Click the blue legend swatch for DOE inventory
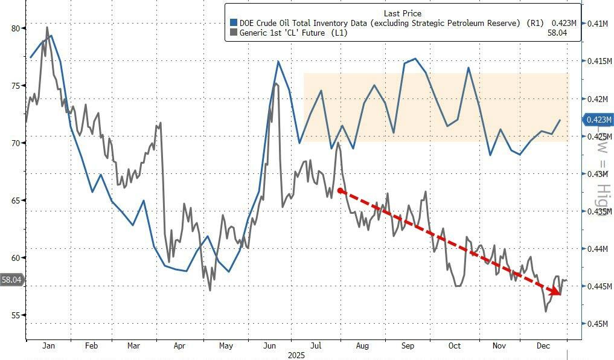pyautogui.click(x=234, y=23)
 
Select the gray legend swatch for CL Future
pyautogui.click(x=234, y=33)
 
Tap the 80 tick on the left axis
pyautogui.click(x=15, y=28)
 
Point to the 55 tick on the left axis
pyautogui.click(x=15, y=315)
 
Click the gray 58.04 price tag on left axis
pyautogui.click(x=12, y=280)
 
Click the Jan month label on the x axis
pyautogui.click(x=49, y=346)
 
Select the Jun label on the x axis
pyautogui.click(x=270, y=346)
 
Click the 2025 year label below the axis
pyautogui.click(x=297, y=355)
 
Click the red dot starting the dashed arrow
pyautogui.click(x=341, y=191)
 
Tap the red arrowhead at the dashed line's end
pyautogui.click(x=553, y=292)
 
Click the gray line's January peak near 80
pyautogui.click(x=47, y=28)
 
